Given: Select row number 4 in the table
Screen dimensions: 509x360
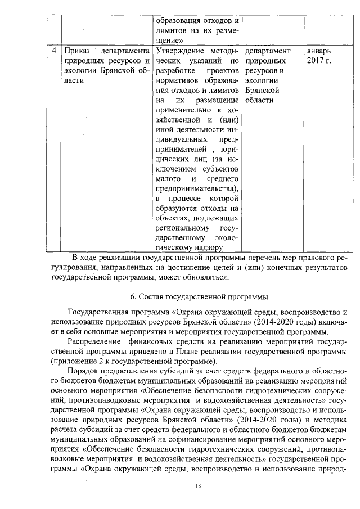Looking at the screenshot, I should pos(53,51).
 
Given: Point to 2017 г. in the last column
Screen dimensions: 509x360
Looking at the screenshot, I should pos(319,61).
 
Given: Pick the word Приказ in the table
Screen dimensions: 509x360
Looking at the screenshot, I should pos(78,51).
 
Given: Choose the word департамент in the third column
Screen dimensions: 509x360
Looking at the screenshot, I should pos(268,51).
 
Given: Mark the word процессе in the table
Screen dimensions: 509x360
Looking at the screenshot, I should pos(183,199).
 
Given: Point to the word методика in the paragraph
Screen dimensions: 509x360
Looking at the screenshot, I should pos(326,420).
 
